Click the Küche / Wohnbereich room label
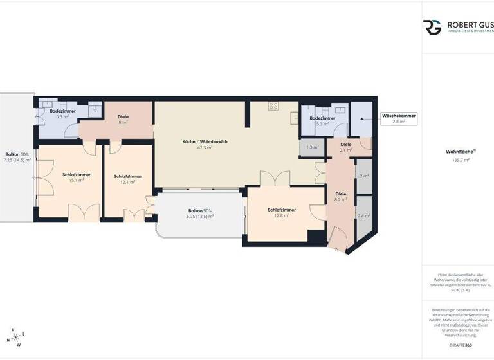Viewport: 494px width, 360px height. (x=205, y=141)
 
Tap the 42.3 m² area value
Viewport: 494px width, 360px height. (x=205, y=147)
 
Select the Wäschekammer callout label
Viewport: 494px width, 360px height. (x=399, y=118)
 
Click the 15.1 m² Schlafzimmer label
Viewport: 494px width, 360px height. (x=77, y=177)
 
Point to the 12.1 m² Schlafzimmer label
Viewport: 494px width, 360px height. (x=127, y=179)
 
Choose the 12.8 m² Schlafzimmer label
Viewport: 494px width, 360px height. (x=282, y=213)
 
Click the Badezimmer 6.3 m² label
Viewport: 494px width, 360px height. (x=62, y=114)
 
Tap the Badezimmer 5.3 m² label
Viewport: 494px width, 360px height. (x=322, y=121)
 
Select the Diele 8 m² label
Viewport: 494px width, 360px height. (x=123, y=119)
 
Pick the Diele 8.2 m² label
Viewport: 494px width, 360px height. (x=341, y=196)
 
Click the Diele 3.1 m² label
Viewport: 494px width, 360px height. (x=346, y=147)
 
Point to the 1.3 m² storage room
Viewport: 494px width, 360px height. (x=313, y=147)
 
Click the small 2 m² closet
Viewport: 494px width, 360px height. (x=364, y=175)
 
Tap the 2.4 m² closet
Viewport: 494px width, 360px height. (x=364, y=216)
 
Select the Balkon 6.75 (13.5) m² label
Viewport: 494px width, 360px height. (x=199, y=213)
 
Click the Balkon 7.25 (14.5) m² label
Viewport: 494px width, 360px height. (x=17, y=157)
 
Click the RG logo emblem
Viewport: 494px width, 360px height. (x=432, y=27)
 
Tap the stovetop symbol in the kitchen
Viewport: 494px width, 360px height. (x=273, y=105)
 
